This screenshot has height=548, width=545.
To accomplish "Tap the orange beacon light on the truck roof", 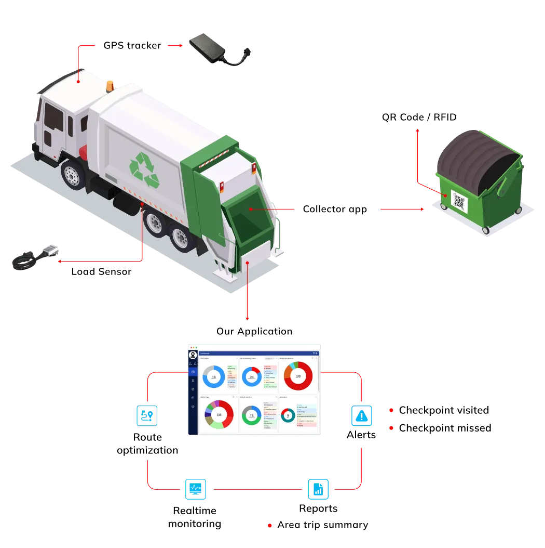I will [110, 85].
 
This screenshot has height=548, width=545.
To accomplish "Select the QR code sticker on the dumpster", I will [459, 201].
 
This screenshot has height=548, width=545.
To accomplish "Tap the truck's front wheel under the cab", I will [72, 175].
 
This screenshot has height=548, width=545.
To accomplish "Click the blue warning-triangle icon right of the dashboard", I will [360, 415].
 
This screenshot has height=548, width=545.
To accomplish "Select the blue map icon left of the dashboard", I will [146, 416].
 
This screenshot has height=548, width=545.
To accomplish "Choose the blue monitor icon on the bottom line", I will [195, 489].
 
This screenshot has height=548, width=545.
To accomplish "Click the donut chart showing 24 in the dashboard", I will [252, 376].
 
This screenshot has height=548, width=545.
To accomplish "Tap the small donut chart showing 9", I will [288, 415].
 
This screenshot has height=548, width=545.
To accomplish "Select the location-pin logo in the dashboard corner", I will [193, 355].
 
